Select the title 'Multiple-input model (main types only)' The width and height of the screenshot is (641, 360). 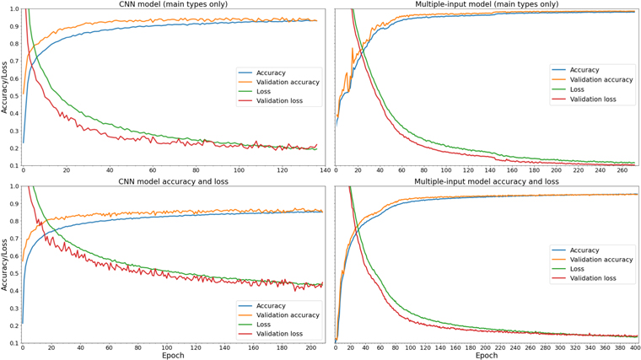(486, 4)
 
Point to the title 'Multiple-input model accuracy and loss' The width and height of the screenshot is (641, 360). (486, 181)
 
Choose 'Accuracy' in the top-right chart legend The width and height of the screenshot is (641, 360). (584, 70)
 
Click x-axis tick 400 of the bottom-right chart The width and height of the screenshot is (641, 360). (635, 349)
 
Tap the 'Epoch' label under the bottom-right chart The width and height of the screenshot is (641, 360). (486, 356)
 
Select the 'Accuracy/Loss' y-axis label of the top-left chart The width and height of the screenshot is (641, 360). (4, 87)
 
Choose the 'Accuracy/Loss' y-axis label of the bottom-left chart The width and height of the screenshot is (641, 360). (4, 264)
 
